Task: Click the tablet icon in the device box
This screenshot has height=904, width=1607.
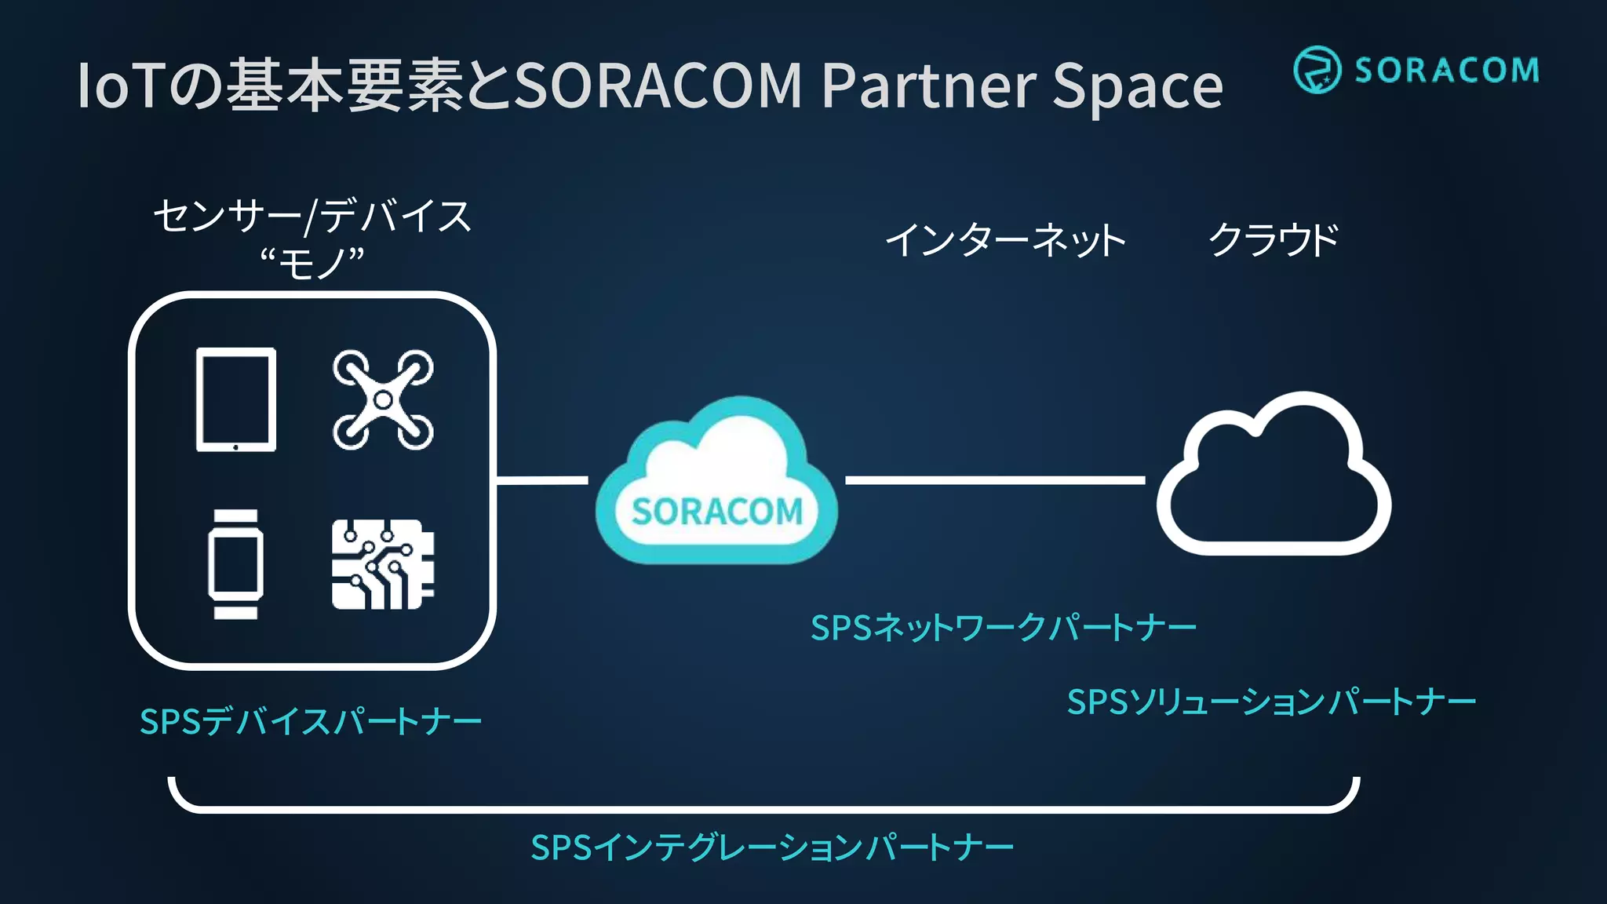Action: pos(235,399)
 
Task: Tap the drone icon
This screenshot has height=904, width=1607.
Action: pos(383,399)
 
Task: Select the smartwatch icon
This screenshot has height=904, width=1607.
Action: pos(235,563)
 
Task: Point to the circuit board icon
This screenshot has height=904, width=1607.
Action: pos(383,563)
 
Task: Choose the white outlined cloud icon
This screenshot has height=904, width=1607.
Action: pos(1273,479)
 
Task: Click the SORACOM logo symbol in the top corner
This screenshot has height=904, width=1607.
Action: pos(1316,70)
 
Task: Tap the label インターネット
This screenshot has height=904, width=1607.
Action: pos(1005,239)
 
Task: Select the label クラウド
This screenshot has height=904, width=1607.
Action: pos(1273,239)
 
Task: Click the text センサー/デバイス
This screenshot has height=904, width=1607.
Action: pos(312,216)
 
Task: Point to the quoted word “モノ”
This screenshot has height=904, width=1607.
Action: pos(312,262)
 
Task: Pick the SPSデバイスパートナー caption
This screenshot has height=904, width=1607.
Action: pos(310,721)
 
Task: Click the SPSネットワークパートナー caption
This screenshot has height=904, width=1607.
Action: pos(1003,628)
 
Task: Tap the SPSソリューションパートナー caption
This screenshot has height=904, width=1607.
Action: pos(1271,702)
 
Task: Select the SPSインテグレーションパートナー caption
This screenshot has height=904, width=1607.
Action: pos(772,847)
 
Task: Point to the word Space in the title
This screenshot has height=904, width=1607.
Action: pos(1137,86)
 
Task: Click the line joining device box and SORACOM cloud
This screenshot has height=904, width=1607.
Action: pos(542,479)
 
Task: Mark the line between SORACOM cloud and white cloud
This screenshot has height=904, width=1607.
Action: pos(995,479)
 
